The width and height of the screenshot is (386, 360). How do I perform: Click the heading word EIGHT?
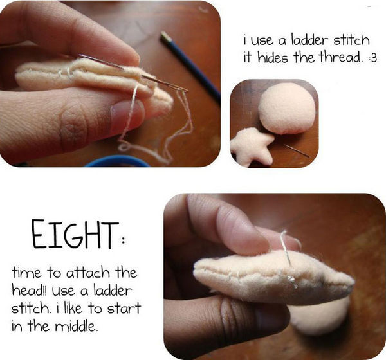pyautogui.click(x=75, y=234)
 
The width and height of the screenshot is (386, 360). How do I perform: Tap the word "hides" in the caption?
pyautogui.click(x=273, y=58)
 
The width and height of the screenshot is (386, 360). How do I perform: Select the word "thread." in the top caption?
pyautogui.click(x=341, y=58)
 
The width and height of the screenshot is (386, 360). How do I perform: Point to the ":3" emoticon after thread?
pyautogui.click(x=372, y=59)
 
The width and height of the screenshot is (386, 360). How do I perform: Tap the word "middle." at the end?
pyautogui.click(x=76, y=326)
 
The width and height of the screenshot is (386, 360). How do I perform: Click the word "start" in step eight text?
pyautogui.click(x=124, y=308)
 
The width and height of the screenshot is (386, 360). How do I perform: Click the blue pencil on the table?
pyautogui.click(x=190, y=66)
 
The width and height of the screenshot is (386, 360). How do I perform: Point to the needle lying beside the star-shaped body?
pyautogui.click(x=297, y=150)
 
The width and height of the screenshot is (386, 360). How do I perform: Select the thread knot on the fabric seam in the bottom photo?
pyautogui.click(x=292, y=280)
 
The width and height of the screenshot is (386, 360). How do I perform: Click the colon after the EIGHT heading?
pyautogui.click(x=124, y=240)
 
